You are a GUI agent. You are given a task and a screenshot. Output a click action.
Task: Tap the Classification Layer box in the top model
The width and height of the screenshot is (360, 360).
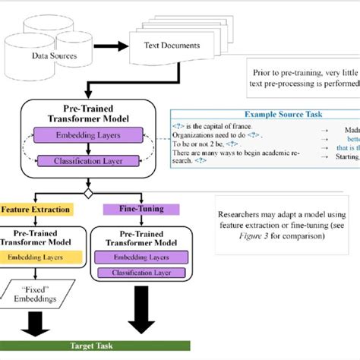(x=89, y=160)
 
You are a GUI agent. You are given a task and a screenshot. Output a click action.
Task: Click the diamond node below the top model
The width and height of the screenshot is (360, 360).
(x=88, y=193)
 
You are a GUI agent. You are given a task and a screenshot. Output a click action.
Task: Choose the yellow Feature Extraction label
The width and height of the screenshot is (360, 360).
(x=36, y=209)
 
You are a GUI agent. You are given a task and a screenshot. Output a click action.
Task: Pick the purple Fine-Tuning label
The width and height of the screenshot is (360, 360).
(x=137, y=209)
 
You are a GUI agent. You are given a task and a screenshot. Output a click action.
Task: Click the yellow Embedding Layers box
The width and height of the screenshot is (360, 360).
(x=36, y=257)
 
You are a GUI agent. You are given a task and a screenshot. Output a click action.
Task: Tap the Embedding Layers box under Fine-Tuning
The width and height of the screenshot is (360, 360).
(x=137, y=257)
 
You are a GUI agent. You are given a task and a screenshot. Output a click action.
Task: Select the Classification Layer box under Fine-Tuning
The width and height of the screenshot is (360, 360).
(x=137, y=272)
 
